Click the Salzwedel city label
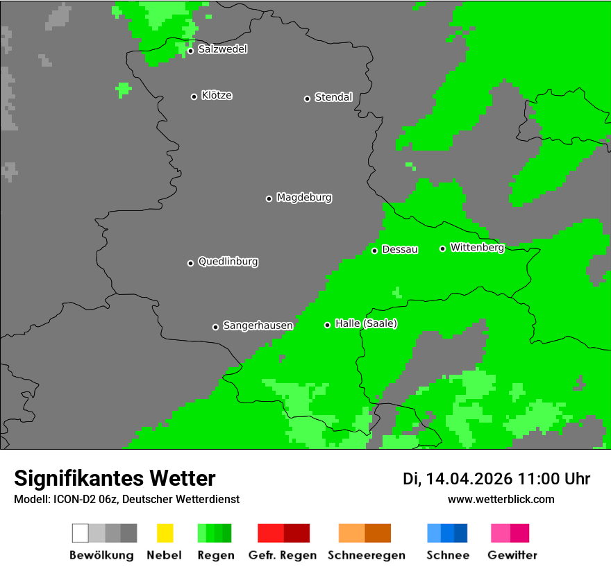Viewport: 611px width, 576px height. coord(222,49)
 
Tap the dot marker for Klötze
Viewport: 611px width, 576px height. coord(194,96)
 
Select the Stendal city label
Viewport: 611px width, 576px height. coord(333,97)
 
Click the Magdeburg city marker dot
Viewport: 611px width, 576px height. coord(269,198)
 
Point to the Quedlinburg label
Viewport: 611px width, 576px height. coord(228,262)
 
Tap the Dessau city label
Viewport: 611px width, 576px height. coord(400,249)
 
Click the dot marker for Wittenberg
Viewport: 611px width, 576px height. coord(442,248)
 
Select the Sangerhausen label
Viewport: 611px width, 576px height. coord(258,325)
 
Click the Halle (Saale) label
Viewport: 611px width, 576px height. coord(366,323)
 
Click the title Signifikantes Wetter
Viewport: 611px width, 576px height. coord(115,478)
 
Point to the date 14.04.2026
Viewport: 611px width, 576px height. coord(469,479)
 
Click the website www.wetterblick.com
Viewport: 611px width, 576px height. coord(501,499)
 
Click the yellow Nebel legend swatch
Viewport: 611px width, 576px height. coord(165,533)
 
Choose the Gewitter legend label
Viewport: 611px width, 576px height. coord(512,555)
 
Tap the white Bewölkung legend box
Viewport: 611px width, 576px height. coord(81,533)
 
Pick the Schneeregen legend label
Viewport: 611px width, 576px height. coord(366,555)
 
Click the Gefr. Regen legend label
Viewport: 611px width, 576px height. coord(283,555)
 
